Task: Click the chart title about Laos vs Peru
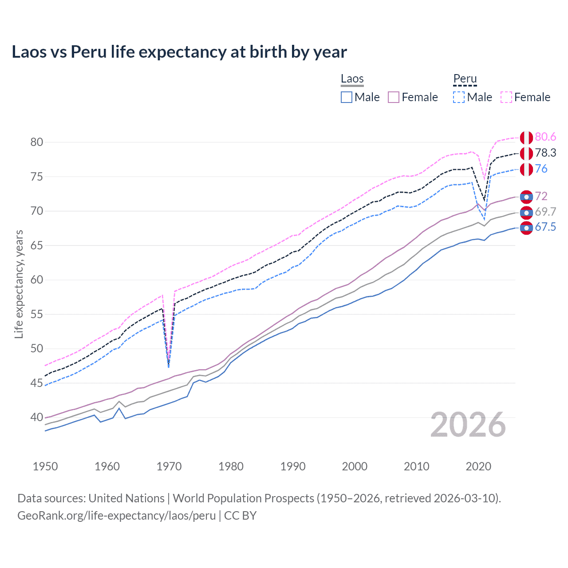(x=179, y=52)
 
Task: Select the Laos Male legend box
(x=347, y=97)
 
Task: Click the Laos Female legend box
(x=394, y=97)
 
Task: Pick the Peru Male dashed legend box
(x=459, y=97)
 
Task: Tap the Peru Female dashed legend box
(x=506, y=97)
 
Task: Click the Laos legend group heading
(x=352, y=79)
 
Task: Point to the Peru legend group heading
(x=465, y=79)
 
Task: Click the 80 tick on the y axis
(x=37, y=142)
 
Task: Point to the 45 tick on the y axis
(x=37, y=383)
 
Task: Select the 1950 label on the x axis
(x=45, y=466)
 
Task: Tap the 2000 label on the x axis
(x=355, y=466)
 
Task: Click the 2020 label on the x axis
(x=478, y=466)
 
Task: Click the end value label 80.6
(x=545, y=137)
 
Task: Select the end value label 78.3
(x=545, y=153)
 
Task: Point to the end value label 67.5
(x=545, y=227)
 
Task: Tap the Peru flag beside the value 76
(x=526, y=170)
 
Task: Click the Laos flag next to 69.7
(x=526, y=213)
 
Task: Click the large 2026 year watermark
(x=468, y=425)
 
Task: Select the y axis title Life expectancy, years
(x=19, y=284)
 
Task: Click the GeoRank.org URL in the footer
(x=116, y=516)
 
